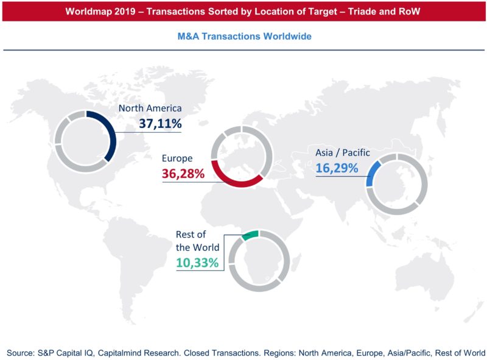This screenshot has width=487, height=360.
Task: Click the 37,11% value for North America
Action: point(157,124)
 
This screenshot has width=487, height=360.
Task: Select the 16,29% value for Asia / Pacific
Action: point(337,167)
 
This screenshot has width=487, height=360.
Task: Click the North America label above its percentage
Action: point(150,108)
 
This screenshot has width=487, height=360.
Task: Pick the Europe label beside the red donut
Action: point(177,158)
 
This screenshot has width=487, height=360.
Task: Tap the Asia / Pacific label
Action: point(342,152)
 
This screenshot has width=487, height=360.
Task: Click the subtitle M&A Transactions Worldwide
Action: point(244,37)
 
